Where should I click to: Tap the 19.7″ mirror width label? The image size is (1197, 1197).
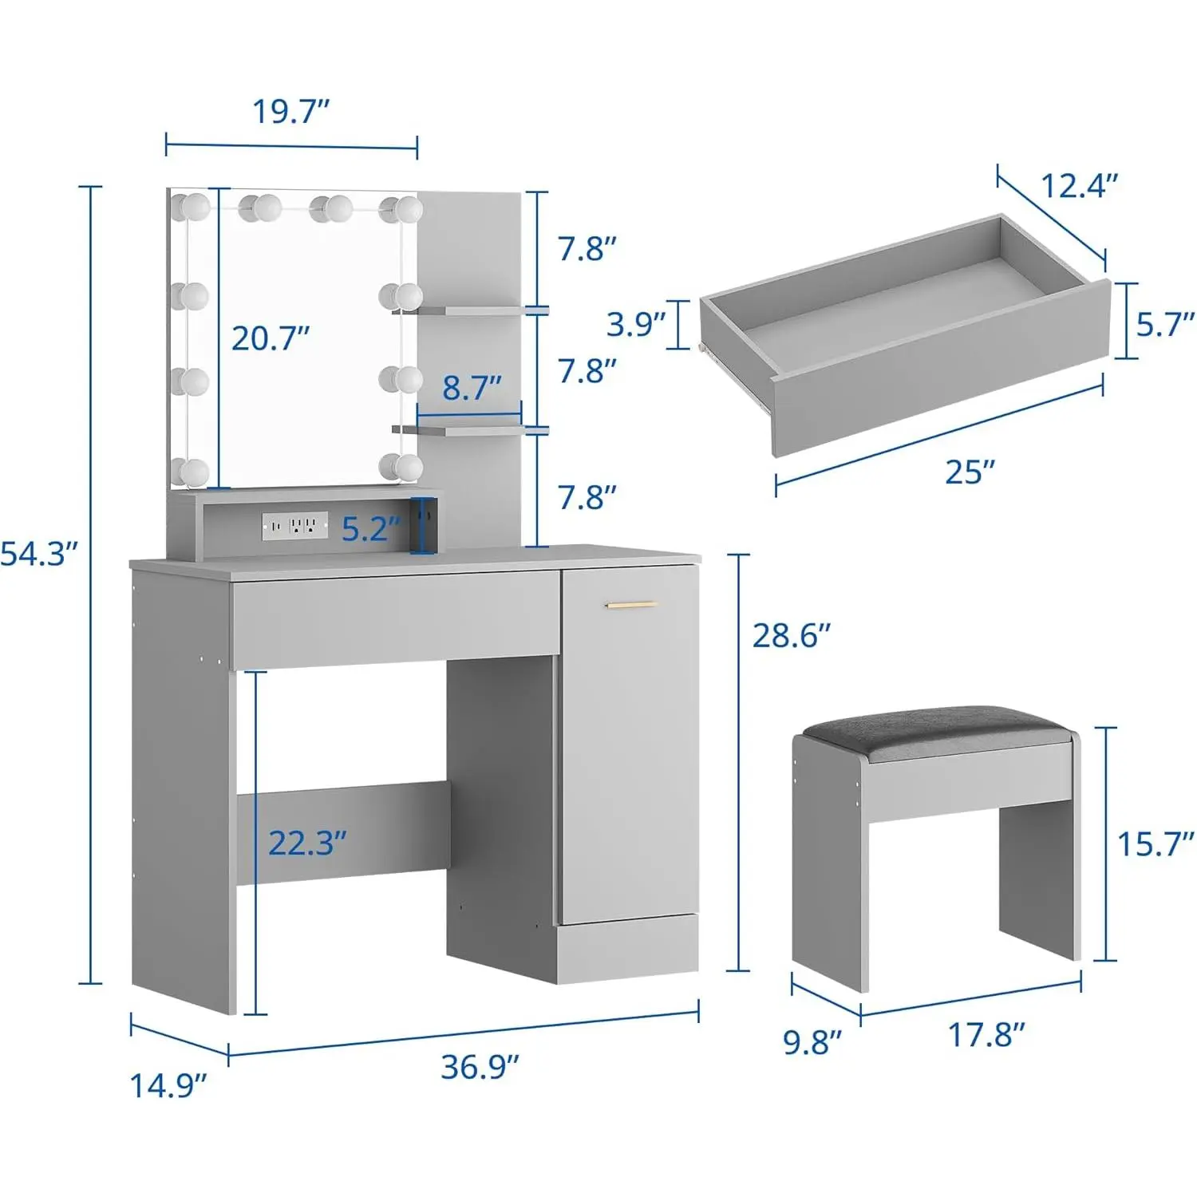pyautogui.click(x=291, y=112)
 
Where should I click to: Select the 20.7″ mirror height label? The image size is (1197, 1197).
pyautogui.click(x=271, y=338)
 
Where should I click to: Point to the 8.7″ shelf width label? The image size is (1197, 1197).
pyautogui.click(x=472, y=388)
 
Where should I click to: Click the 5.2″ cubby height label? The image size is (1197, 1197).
pyautogui.click(x=372, y=528)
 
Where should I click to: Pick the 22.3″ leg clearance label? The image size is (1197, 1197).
pyautogui.click(x=307, y=843)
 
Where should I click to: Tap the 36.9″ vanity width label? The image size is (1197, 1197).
pyautogui.click(x=480, y=1067)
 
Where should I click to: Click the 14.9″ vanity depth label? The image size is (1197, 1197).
pyautogui.click(x=168, y=1086)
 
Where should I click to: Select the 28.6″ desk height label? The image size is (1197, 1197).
pyautogui.click(x=792, y=636)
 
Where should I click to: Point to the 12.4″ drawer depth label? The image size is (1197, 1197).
pyautogui.click(x=1080, y=186)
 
